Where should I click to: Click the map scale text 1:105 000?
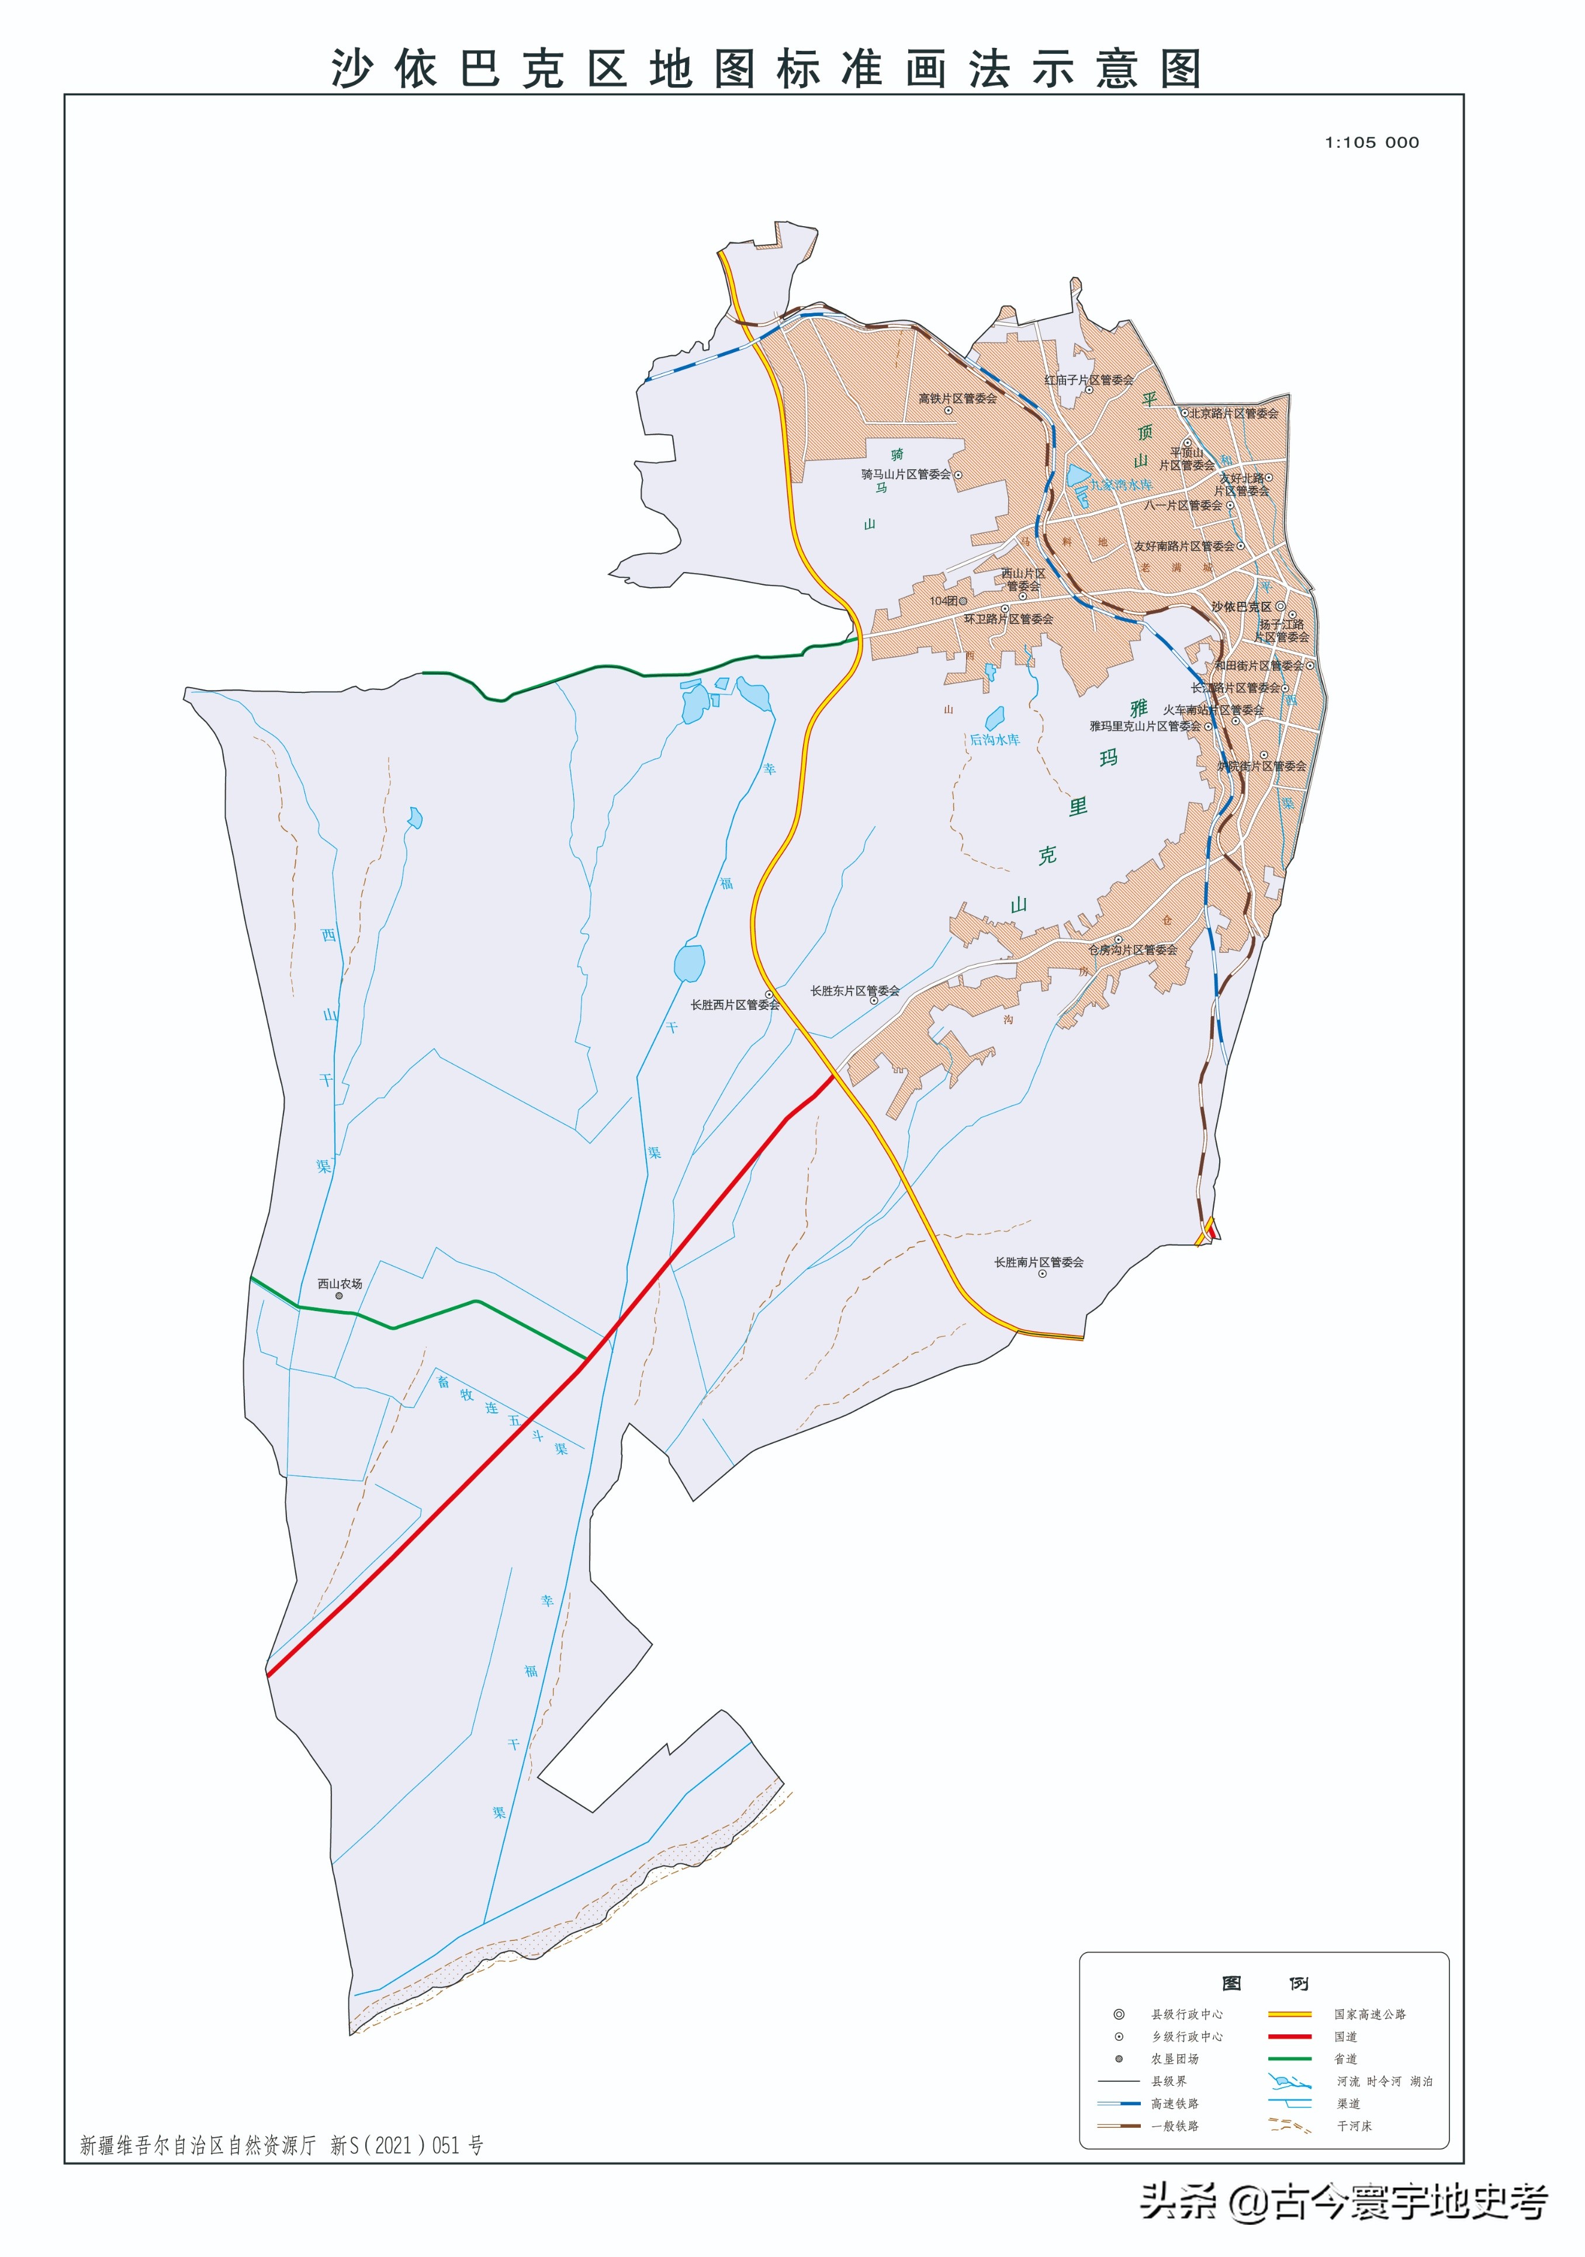(1372, 143)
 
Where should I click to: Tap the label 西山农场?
(339, 1284)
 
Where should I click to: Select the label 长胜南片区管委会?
(1039, 1262)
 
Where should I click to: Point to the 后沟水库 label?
(994, 739)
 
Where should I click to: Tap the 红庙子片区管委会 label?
(1088, 379)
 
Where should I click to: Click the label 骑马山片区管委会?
(905, 474)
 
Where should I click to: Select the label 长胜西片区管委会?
(735, 1005)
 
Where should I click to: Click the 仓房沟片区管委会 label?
(1131, 949)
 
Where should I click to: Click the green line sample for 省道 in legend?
(1289, 2058)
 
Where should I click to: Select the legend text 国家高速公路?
(1370, 2014)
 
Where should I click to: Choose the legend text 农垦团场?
(1174, 2058)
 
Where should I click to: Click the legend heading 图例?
(1265, 1984)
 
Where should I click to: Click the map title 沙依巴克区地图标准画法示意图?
(767, 69)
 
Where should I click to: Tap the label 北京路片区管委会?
(1234, 413)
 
